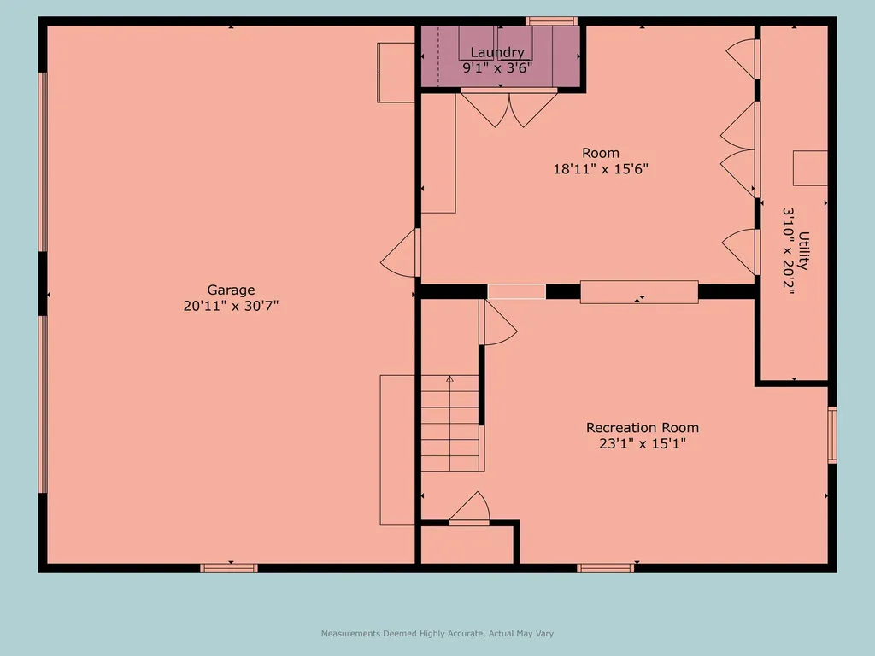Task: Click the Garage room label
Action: coord(231,290)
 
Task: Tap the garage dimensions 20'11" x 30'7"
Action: coord(231,306)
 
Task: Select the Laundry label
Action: coord(496,53)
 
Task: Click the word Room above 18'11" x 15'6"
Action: coord(601,153)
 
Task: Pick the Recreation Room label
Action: coord(642,427)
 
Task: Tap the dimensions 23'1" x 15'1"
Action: coord(642,443)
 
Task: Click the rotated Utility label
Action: coord(804,250)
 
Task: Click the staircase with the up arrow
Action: coord(450,423)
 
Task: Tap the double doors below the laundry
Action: coord(509,108)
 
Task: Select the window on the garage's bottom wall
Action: coord(229,567)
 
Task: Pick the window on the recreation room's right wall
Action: coord(831,435)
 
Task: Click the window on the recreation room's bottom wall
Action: coord(605,567)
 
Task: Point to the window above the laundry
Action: coord(551,20)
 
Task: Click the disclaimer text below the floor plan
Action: coord(437,633)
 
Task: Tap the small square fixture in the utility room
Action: coord(810,167)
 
